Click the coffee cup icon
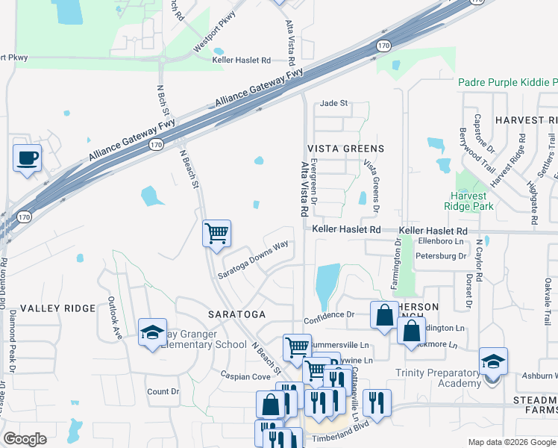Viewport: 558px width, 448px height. pyautogui.click(x=28, y=158)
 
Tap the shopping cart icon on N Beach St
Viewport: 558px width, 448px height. pyautogui.click(x=216, y=234)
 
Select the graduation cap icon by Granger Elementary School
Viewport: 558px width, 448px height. pyautogui.click(x=152, y=332)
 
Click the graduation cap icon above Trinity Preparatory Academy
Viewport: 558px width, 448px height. pyautogui.click(x=493, y=361)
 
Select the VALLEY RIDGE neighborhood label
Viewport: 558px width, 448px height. pyautogui.click(x=58, y=308)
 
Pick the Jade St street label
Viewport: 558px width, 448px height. pyautogui.click(x=333, y=104)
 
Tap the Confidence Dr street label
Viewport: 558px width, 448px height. pyautogui.click(x=329, y=315)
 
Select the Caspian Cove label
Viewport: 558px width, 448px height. pyautogui.click(x=245, y=377)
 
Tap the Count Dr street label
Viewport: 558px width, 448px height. pyautogui.click(x=163, y=391)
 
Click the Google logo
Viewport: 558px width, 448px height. pyautogui.click(x=25, y=440)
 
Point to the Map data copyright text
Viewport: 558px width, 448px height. pyautogui.click(x=511, y=442)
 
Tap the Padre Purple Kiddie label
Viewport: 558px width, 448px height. pyautogui.click(x=507, y=82)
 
